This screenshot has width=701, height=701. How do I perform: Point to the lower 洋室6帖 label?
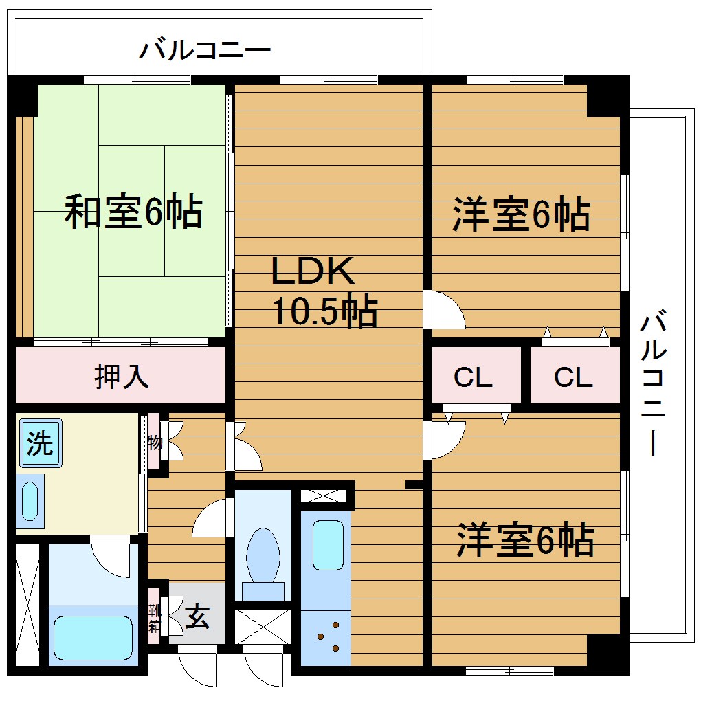click(x=526, y=540)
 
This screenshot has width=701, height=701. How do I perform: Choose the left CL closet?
click(x=473, y=377)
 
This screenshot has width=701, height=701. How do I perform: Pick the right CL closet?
click(x=573, y=377)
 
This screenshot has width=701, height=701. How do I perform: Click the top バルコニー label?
click(x=205, y=51)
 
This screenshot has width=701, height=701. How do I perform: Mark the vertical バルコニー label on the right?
click(x=654, y=385)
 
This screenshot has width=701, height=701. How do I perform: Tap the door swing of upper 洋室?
click(x=445, y=311)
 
